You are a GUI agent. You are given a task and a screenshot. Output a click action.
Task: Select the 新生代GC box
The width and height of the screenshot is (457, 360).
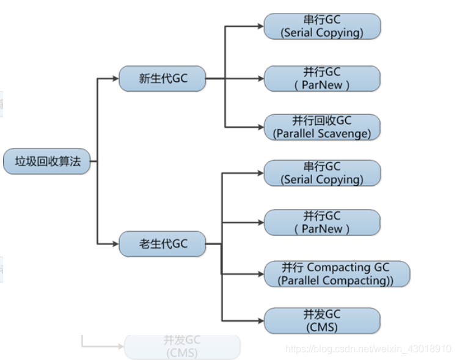[x=162, y=78]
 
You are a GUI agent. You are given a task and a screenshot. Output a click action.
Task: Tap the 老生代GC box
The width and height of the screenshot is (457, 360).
[x=162, y=244]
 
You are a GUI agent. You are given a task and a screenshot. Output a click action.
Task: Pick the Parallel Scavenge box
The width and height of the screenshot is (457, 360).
[x=322, y=127]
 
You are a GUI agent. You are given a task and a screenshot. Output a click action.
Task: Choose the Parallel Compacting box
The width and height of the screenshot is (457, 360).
[x=337, y=274]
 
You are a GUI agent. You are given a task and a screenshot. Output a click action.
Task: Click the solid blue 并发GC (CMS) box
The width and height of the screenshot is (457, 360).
[x=322, y=321]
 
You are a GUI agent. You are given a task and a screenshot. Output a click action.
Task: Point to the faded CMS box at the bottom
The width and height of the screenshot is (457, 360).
[x=182, y=347]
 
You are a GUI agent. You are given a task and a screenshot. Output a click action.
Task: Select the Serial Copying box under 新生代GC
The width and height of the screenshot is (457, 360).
[x=322, y=27]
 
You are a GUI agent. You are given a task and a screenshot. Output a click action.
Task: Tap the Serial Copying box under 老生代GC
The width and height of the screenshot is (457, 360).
[x=322, y=173]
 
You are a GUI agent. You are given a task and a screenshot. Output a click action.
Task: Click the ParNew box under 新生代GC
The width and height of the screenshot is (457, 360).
[x=322, y=79]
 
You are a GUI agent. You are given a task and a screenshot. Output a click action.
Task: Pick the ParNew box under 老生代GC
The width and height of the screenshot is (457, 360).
[x=322, y=222]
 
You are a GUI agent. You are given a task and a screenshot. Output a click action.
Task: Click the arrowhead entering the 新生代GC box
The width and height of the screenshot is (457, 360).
[x=115, y=78]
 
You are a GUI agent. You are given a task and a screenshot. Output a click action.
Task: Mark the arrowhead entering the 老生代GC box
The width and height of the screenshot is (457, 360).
[x=115, y=244]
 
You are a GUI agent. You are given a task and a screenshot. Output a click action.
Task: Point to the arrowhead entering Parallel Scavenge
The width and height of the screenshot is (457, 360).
[x=260, y=127]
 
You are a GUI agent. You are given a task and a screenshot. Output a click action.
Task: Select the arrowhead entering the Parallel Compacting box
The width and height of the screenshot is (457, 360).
[x=260, y=274]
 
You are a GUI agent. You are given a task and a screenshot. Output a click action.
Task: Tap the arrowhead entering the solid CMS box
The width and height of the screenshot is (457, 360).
[x=260, y=321]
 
